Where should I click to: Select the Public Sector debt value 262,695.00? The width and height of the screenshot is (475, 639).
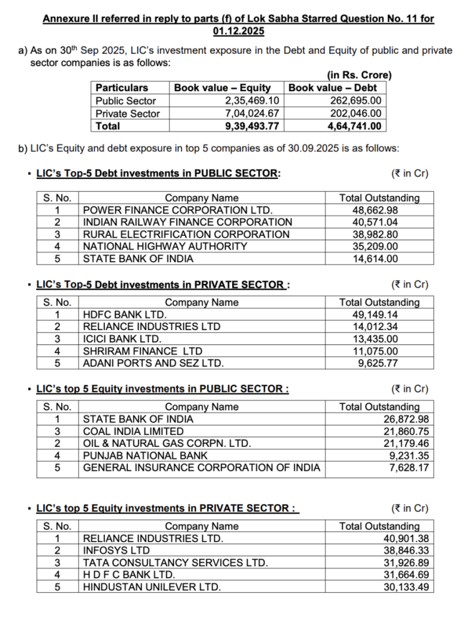[x=355, y=101]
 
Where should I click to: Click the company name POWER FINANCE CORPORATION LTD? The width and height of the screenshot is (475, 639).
[x=177, y=210]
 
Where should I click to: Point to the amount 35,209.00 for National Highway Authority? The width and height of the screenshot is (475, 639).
[x=375, y=246]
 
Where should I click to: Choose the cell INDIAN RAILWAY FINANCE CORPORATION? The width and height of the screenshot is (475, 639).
[x=187, y=222]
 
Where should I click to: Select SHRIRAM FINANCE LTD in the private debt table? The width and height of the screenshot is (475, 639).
[x=142, y=351]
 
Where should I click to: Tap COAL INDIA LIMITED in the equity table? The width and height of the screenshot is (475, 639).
[x=133, y=431]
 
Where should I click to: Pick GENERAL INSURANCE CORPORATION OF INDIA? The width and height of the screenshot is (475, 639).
[x=202, y=467]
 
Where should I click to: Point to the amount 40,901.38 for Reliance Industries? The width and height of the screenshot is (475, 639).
[x=406, y=539]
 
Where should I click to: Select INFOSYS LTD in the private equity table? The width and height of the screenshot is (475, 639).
[x=116, y=550]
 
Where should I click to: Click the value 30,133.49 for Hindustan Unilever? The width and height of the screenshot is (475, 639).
[x=406, y=587]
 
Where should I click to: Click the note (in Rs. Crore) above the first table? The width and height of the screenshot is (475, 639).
[x=359, y=76]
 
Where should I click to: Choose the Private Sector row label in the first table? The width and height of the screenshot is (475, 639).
[x=127, y=114]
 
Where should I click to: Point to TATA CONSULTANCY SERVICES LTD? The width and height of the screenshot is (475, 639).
[x=175, y=562]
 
